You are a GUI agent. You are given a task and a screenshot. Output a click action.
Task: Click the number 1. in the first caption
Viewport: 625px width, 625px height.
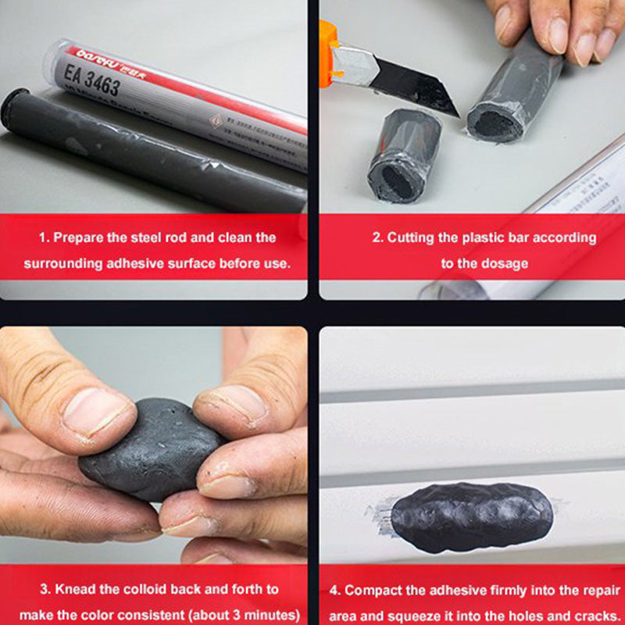44,237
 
